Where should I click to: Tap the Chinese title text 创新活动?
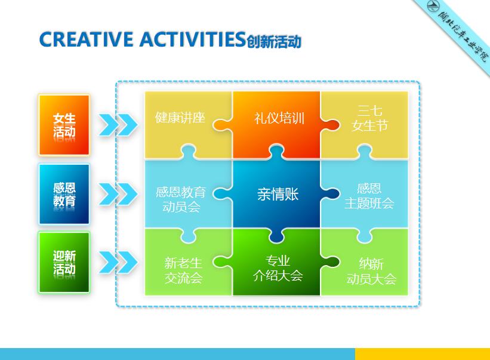point(273,41)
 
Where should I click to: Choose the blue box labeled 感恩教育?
point(64,194)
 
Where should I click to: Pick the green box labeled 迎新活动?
point(64,263)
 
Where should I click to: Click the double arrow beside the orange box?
point(118,125)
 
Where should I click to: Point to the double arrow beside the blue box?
point(118,193)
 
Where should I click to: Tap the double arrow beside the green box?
point(118,261)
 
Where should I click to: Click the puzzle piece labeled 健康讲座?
point(180,118)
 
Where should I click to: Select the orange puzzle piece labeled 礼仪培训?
point(279,118)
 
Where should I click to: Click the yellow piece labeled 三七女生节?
point(370,118)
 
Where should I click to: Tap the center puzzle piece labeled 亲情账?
point(278,194)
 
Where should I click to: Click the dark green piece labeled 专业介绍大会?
point(277,268)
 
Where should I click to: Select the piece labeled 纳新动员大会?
point(371,271)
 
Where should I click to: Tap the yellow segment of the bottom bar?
point(422,354)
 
